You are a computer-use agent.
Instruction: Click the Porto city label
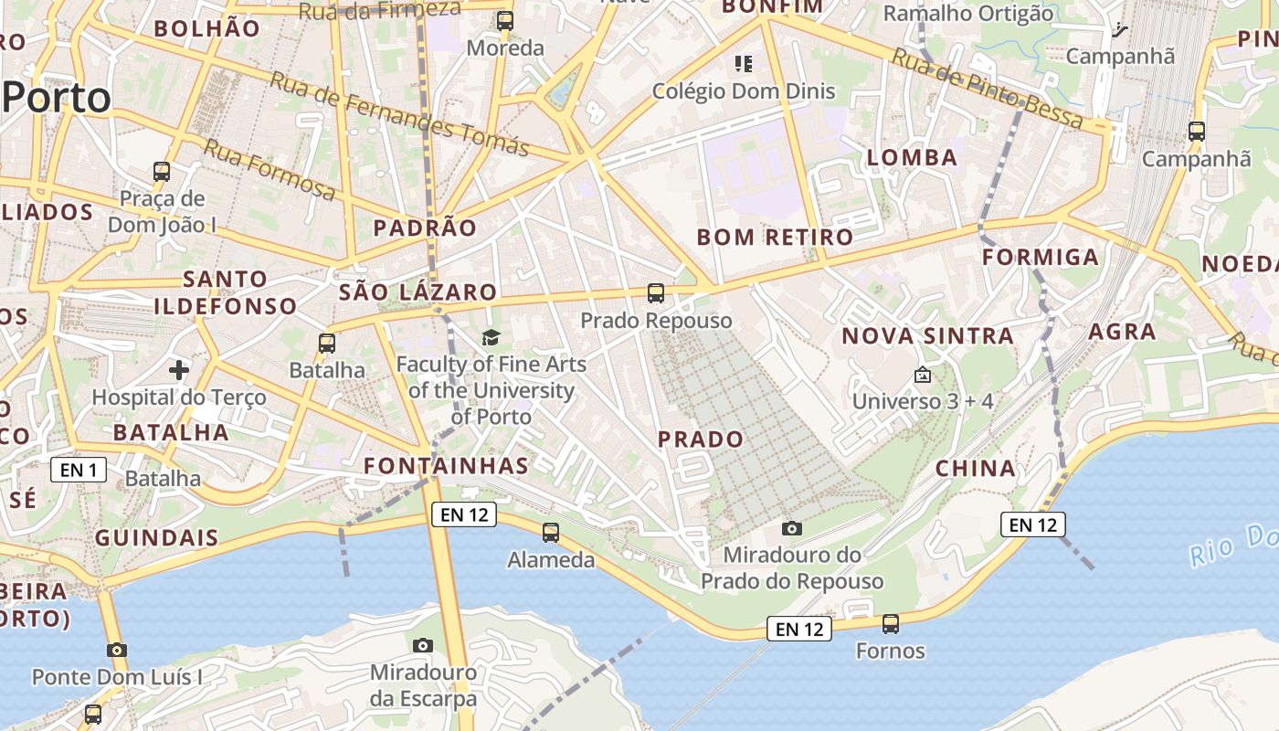coord(57,97)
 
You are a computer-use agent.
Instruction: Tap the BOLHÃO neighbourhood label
coord(206,28)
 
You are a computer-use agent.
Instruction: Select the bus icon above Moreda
coord(504,21)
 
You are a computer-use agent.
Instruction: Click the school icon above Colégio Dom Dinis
coord(744,64)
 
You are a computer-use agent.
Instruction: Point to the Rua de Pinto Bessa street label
coord(987,89)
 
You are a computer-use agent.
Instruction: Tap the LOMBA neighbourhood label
coord(912,157)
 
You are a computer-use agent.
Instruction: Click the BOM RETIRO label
coord(775,238)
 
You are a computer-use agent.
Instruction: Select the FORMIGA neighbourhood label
coord(1041,258)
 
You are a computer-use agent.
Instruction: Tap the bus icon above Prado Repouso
coord(656,293)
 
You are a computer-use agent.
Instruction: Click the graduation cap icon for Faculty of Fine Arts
coord(492,338)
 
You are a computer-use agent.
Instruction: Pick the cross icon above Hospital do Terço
coord(179,370)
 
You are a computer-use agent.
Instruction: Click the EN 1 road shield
coord(79,471)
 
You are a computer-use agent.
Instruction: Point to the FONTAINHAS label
coord(446,466)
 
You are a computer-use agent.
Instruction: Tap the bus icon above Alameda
coord(550,533)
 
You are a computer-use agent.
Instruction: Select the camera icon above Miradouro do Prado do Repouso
coord(792,528)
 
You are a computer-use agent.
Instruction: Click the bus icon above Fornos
coord(890,624)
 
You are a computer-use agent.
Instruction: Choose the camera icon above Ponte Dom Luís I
coord(116,651)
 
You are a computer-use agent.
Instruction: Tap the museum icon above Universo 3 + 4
coord(923,375)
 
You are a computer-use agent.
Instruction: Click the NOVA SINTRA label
coord(927,336)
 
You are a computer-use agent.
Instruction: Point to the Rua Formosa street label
coord(270,170)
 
